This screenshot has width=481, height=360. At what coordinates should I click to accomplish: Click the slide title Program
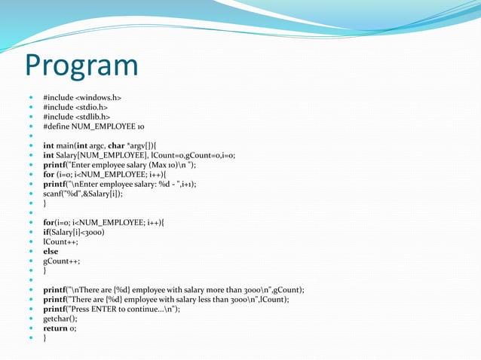click(x=81, y=66)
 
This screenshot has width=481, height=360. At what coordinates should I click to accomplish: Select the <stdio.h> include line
click(x=76, y=108)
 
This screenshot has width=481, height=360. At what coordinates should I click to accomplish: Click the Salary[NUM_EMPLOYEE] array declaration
click(x=90, y=156)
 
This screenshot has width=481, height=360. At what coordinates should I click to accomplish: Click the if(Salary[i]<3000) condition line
click(x=74, y=233)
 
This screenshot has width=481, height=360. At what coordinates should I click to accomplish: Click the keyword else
click(x=51, y=252)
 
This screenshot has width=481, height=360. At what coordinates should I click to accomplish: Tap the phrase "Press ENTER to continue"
click(x=109, y=309)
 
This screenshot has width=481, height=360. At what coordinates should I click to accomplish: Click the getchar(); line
click(x=60, y=319)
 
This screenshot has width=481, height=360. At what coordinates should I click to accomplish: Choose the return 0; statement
click(x=60, y=328)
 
